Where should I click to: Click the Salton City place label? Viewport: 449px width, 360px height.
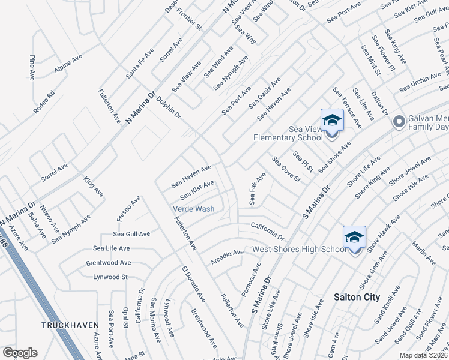[x=357, y=297]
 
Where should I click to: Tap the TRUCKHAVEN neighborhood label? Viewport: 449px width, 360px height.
[x=70, y=325]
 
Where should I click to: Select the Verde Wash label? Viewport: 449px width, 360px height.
[x=193, y=209]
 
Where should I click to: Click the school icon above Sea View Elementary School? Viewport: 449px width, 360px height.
[x=332, y=121]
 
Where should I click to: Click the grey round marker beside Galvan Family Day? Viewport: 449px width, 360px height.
[x=398, y=122]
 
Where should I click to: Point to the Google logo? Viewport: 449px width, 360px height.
[x=20, y=353]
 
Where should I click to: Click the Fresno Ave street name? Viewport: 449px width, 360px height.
[x=127, y=208]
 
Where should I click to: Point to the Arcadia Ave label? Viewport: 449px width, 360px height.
[x=226, y=257]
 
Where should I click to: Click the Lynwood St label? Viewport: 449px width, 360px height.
[x=110, y=277]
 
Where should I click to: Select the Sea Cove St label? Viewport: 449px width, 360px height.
[x=286, y=170]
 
